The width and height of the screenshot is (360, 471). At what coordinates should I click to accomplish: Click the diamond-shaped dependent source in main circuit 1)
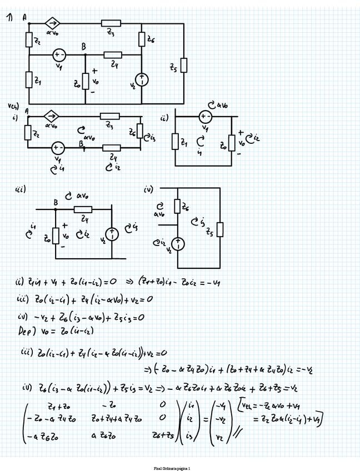pos(54,24)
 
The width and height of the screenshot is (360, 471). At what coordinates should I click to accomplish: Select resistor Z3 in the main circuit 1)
pos(111,24)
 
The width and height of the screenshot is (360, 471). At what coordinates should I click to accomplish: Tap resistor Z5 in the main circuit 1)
pos(184,66)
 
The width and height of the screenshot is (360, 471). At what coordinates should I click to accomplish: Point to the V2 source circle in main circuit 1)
pos(142,80)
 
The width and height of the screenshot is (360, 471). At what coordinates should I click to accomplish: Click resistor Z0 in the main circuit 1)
pos(85,81)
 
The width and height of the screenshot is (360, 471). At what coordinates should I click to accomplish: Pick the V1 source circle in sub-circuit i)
pos(58,148)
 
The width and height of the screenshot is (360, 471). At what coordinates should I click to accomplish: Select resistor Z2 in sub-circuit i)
pos(28,133)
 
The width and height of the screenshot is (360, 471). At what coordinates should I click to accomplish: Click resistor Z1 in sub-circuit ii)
pos(176,142)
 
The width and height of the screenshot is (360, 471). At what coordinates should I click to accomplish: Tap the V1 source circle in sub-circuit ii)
pos(205,117)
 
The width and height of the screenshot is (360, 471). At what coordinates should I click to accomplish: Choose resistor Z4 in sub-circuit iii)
pos(83,209)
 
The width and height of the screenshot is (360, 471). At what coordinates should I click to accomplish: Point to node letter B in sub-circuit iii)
pos(56,202)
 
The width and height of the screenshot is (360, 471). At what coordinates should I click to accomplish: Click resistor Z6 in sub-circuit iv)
pos(178,207)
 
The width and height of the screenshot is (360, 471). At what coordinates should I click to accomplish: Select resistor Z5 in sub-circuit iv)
pos(221,229)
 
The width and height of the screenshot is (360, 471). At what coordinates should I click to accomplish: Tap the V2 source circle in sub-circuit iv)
pos(178,244)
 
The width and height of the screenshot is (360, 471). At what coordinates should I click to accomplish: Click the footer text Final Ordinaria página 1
pos(172,468)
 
